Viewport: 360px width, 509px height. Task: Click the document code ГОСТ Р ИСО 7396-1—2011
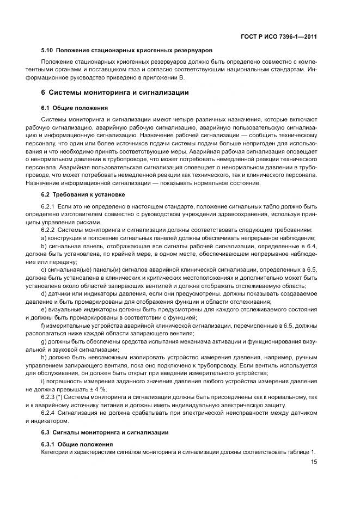[x=279, y=36]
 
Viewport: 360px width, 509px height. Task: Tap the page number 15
[x=314, y=462]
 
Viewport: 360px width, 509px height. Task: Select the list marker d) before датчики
[x=44, y=294]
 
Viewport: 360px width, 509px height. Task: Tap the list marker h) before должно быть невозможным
[x=44, y=357]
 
